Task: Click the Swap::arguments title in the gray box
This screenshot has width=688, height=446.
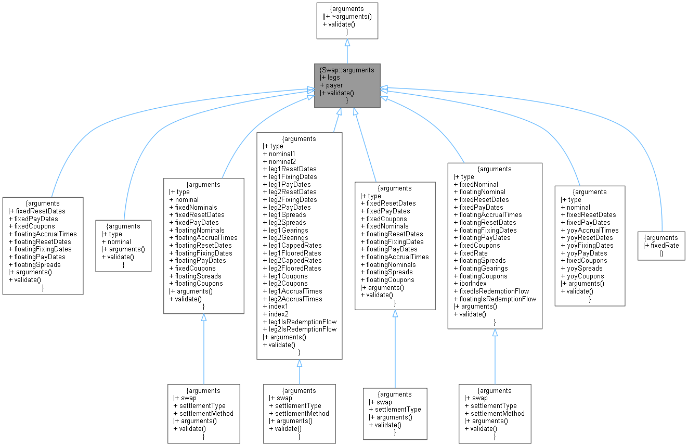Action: tap(347, 70)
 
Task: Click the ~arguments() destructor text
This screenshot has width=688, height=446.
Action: tap(350, 16)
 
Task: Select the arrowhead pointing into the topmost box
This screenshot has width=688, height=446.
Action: tap(347, 43)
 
